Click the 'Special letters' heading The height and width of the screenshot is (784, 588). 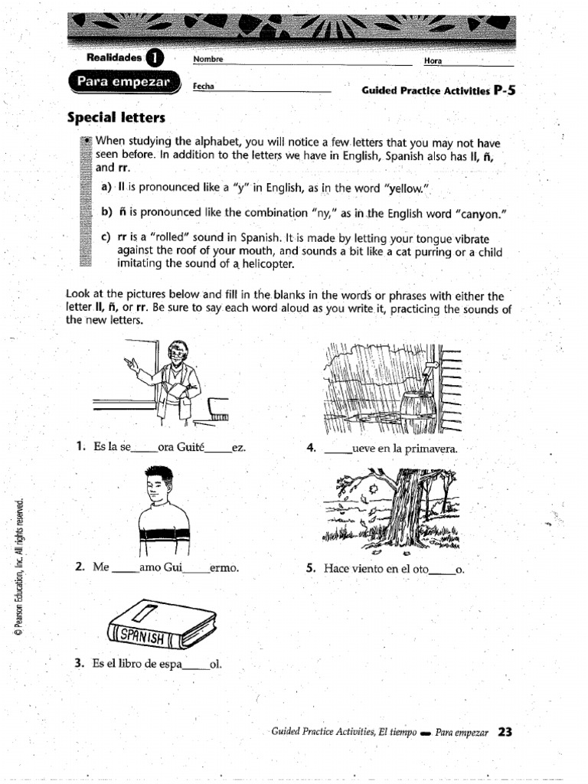116,118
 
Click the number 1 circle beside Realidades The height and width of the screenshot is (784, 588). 154,57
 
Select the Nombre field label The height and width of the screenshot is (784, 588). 207,59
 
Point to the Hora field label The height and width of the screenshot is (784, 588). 433,60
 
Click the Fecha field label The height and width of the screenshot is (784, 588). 203,87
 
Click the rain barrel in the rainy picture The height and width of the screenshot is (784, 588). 419,412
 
